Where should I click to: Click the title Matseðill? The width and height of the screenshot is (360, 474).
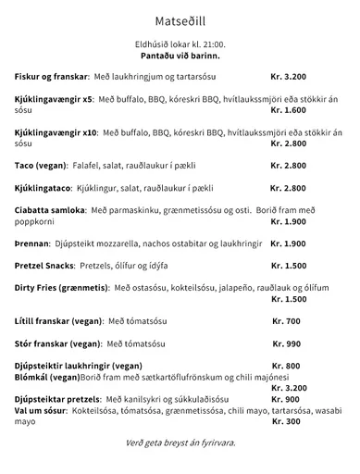coord(179,19)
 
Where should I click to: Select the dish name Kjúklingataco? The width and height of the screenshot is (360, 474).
coord(45,189)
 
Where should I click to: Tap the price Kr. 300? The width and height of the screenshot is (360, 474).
coord(287,421)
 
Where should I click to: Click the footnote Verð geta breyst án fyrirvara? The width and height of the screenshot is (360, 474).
coord(180,443)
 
